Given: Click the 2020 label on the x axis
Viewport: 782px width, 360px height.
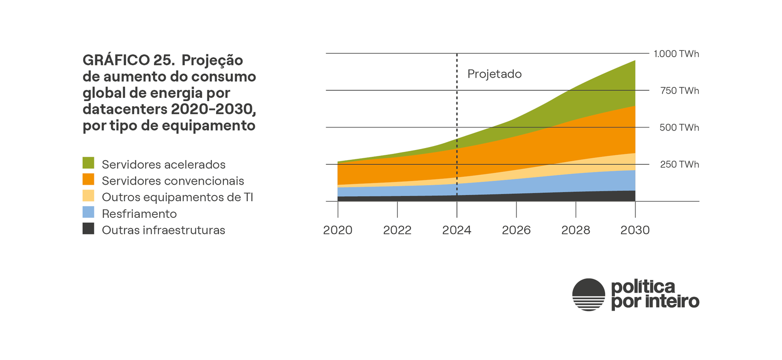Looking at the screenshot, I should point(337,230).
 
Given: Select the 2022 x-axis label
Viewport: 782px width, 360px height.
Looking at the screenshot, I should point(397,230).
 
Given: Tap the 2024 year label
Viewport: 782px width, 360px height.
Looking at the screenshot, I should point(456,230).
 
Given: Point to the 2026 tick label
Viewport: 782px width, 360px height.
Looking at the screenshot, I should point(516,230).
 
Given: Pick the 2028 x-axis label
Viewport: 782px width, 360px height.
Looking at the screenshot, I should point(575,230).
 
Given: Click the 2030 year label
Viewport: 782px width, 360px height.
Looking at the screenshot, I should point(635,230).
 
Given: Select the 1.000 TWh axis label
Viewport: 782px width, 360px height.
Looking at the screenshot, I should point(676,54).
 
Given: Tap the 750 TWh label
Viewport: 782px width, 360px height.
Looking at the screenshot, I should point(679,91).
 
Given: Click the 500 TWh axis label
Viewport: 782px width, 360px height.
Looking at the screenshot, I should point(679,127).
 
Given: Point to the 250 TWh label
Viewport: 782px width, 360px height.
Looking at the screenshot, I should point(679,165).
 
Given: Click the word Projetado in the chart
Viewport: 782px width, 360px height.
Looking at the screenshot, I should point(494,74).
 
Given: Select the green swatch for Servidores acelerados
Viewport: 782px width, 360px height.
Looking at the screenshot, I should point(88,163).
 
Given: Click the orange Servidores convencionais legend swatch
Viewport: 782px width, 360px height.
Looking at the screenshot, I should point(88,179).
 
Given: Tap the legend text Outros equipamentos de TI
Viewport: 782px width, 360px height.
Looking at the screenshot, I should point(177,197).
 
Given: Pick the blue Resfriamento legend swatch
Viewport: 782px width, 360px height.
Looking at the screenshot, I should point(88,212).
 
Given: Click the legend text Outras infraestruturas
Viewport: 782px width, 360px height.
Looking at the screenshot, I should point(163,230).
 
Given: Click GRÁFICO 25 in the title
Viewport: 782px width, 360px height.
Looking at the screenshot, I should point(129,60).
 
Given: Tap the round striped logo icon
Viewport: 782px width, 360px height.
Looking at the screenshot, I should point(588,295).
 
